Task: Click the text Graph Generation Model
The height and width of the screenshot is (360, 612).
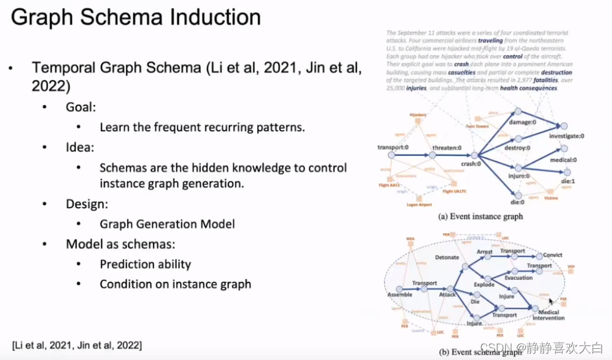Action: coord(167,224)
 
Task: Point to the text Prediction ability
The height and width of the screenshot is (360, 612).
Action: coord(145,264)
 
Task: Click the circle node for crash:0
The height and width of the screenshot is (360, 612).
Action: coord(474,155)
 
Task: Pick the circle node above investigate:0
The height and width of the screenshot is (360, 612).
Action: coord(564,126)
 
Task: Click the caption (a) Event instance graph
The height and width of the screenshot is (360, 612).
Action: coord(481,216)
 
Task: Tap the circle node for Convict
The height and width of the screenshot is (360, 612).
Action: coord(539,256)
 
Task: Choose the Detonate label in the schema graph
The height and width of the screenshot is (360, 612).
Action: coord(447,257)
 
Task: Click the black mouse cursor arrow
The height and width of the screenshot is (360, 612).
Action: coord(551,302)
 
